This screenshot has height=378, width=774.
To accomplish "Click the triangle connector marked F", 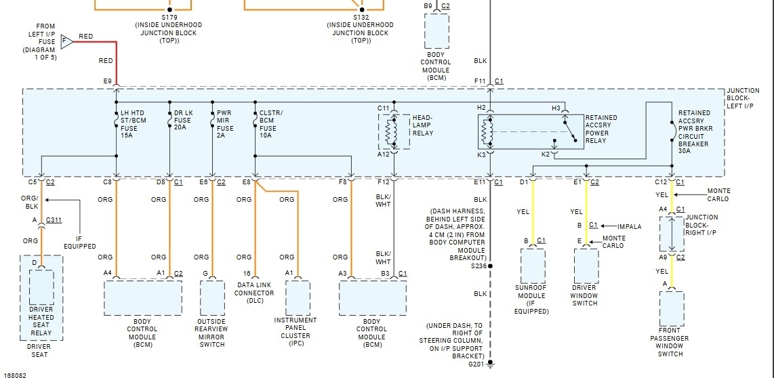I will pos(66,41).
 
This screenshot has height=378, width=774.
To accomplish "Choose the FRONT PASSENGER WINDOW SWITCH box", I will pos(671,308).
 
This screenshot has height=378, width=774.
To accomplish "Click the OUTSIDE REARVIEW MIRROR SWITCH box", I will pos(212,297).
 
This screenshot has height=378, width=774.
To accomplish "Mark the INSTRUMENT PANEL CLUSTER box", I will pos(298,297).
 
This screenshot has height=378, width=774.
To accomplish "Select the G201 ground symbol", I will pos(489,364).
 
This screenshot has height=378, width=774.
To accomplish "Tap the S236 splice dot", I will pos(489,266).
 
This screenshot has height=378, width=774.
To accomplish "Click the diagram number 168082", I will pos(15,374).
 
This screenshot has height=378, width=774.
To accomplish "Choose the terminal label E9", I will pos(107,81).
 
